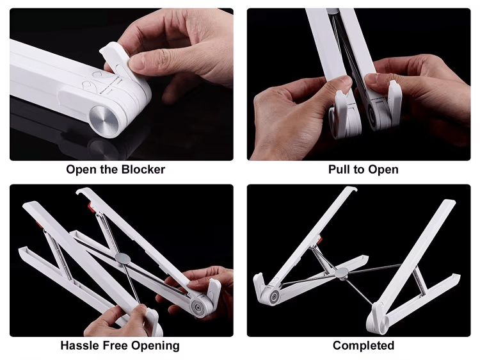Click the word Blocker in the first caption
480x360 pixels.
pos(143,169)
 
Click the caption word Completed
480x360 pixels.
pos(364,345)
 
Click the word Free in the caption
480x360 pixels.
pos(115,345)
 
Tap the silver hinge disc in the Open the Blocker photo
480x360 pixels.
pos(104,122)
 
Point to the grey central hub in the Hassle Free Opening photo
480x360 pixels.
pos(123,259)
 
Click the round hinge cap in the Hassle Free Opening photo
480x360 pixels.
pos(196,309)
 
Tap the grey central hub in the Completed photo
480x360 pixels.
pos(342,273)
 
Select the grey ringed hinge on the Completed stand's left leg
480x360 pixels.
pos(274,297)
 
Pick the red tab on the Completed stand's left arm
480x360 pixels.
pos(320,239)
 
